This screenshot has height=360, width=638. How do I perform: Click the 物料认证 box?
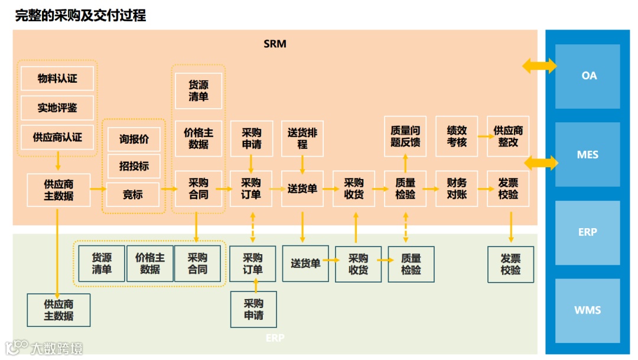click(x=57, y=78)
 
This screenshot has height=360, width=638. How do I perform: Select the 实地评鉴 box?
click(x=57, y=108)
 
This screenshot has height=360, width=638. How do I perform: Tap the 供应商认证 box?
click(x=57, y=137)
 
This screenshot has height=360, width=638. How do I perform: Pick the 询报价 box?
click(x=134, y=140)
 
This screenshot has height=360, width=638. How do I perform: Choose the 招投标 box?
click(x=134, y=166)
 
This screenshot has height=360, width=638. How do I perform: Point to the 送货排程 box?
click(x=302, y=138)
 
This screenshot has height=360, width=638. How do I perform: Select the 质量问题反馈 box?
click(x=405, y=136)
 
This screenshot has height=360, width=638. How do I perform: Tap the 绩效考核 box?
click(x=457, y=136)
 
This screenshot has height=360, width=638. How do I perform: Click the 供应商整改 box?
click(x=508, y=136)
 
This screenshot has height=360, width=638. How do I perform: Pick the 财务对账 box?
click(x=457, y=189)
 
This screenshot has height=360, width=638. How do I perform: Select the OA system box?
click(x=589, y=76)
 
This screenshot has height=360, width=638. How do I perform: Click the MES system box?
click(x=588, y=155)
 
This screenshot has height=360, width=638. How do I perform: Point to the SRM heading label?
click(x=275, y=44)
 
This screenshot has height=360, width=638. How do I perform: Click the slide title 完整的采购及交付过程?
click(x=80, y=15)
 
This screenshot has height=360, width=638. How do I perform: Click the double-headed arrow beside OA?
click(x=539, y=65)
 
